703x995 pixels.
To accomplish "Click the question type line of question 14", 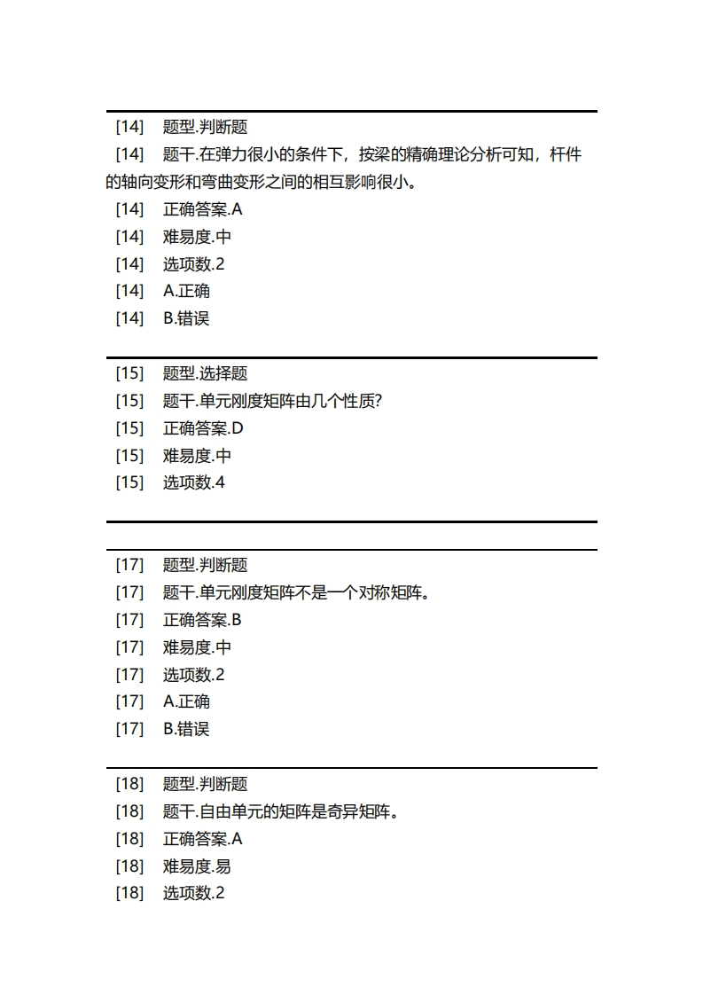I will (x=205, y=127).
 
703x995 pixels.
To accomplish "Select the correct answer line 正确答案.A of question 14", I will (x=202, y=209).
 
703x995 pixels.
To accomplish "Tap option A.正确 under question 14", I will (x=186, y=291).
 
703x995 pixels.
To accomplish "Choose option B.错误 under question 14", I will (x=186, y=318).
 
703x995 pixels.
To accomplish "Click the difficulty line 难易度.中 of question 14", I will (x=197, y=237).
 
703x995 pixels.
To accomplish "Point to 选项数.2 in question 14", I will (x=193, y=264).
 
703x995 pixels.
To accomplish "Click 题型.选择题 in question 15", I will (x=205, y=373).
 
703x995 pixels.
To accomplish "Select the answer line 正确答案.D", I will (x=203, y=428).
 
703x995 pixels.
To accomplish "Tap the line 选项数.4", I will (x=193, y=483).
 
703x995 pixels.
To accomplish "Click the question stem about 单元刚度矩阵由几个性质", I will (x=272, y=401).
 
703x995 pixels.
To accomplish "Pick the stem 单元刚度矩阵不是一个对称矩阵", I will (x=296, y=592).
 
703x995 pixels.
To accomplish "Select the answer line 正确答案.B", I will (x=202, y=620).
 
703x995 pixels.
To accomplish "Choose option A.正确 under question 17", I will (x=186, y=701).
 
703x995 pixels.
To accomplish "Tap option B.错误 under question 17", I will (x=186, y=729).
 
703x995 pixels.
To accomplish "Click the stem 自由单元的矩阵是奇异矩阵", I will (x=281, y=811).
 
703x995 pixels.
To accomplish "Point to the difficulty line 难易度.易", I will (x=197, y=866).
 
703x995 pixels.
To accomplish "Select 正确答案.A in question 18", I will (x=202, y=839).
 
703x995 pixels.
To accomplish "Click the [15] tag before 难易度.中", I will (x=129, y=456).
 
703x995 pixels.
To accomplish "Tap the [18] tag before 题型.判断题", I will (x=129, y=784).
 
